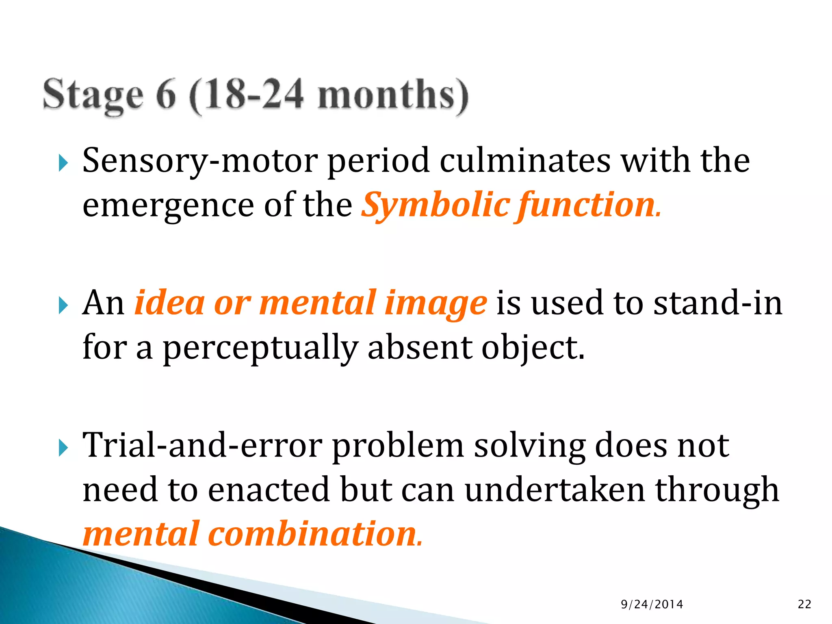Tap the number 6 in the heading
[x=165, y=95]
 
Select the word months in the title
[x=392, y=95]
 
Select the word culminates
[x=525, y=160]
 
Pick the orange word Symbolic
[x=436, y=205]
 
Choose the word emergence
[x=168, y=206]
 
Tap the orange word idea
[x=170, y=303]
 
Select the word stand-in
[x=717, y=303]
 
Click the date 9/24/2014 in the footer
[x=652, y=604]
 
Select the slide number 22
[x=804, y=604]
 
